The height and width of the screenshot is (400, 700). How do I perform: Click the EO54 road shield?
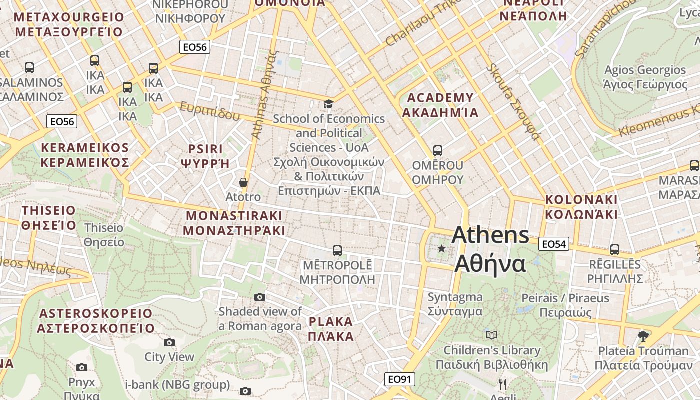(554, 244)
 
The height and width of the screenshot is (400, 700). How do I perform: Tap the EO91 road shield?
(399, 379)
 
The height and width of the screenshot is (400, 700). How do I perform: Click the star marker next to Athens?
(441, 248)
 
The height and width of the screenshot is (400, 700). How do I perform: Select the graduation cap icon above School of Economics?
(328, 104)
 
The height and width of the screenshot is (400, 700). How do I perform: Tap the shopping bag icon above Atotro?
(243, 182)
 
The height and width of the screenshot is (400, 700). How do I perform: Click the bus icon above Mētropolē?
(337, 250)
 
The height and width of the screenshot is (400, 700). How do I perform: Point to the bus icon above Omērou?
(438, 150)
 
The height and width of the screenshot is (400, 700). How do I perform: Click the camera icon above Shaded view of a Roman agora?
(259, 297)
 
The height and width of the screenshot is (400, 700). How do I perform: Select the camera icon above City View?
(169, 342)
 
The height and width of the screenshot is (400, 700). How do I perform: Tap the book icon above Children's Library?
(492, 335)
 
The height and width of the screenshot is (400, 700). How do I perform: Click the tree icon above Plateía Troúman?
(643, 336)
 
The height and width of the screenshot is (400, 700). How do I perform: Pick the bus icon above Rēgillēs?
(615, 249)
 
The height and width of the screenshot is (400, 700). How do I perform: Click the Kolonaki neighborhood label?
(581, 207)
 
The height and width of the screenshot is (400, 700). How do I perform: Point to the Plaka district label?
(331, 328)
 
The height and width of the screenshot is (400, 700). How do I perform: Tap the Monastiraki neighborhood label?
(234, 223)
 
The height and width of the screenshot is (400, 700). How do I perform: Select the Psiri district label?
(205, 156)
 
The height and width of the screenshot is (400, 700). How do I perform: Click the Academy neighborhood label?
(440, 105)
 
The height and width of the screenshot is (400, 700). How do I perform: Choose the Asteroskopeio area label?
(95, 321)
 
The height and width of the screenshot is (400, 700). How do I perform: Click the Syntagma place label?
(455, 304)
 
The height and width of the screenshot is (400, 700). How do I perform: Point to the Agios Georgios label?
(645, 77)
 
